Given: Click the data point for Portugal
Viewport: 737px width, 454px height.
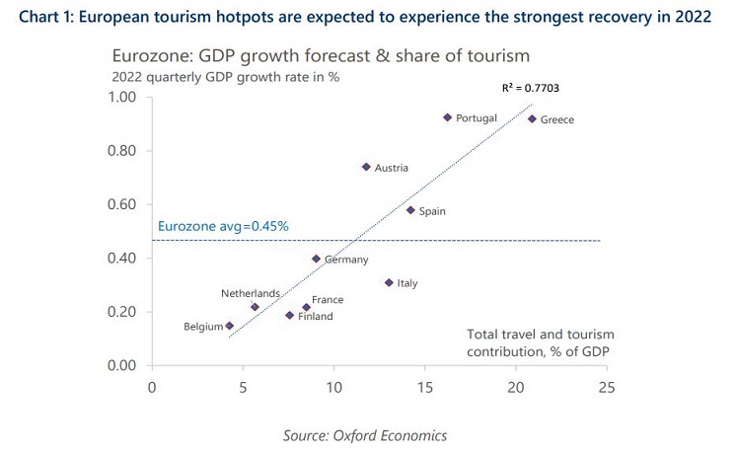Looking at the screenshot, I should tap(447, 116).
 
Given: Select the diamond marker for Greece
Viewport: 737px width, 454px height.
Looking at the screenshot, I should tap(532, 118).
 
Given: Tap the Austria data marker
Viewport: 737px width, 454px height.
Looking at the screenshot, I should tap(366, 167).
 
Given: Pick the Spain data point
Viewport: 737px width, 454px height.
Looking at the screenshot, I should tap(410, 209).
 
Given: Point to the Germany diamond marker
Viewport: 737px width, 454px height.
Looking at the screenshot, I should tap(317, 259).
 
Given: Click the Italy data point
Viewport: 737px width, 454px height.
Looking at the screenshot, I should tap(389, 282).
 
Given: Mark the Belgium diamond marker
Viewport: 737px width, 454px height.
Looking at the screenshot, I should tap(230, 326).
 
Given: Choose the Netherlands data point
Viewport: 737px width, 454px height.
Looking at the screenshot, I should tap(255, 307).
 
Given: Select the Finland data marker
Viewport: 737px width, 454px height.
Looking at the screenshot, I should tap(290, 315).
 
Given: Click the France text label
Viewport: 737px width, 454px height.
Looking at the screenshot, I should tap(327, 299).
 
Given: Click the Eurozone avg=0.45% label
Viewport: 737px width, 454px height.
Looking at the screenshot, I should tap(223, 226).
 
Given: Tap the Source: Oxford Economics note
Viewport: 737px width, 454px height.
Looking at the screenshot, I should tap(366, 433).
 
